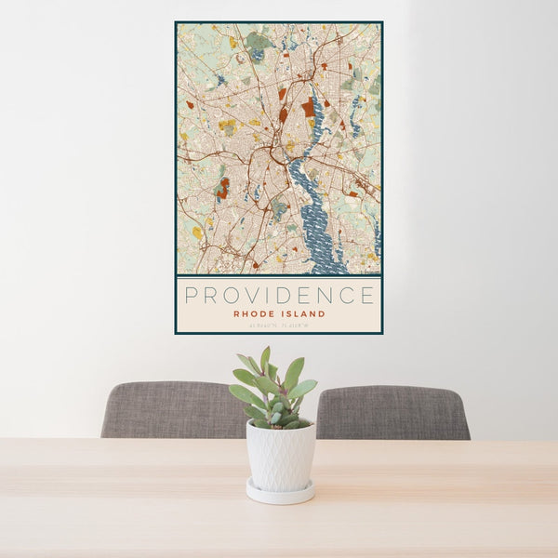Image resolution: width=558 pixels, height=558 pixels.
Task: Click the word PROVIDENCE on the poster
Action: pyautogui.click(x=279, y=296)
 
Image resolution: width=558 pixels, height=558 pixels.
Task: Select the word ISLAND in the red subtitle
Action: pyautogui.click(x=303, y=314)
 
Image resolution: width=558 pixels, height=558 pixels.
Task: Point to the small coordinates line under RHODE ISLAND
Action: pyautogui.click(x=279, y=325)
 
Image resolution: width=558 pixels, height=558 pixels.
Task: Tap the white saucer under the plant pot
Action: pyautogui.click(x=280, y=493)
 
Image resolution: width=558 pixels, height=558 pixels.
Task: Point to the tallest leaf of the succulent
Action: pyautogui.click(x=265, y=358)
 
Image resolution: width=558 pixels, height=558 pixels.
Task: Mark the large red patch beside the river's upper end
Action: pyautogui.click(x=308, y=107)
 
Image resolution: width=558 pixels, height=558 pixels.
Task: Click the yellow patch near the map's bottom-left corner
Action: pyautogui.click(x=197, y=232)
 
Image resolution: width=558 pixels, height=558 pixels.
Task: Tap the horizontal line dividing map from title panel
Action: pyautogui.click(x=279, y=276)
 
